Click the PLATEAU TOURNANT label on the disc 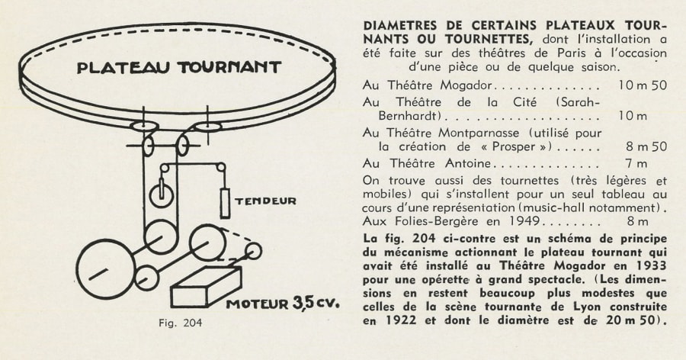(178, 67)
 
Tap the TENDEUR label (265, 201)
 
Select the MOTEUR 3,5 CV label (283, 303)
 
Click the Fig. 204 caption (180, 323)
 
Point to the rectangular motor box (206, 287)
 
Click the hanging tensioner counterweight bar (225, 202)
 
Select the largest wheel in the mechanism (105, 269)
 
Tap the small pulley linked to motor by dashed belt (253, 251)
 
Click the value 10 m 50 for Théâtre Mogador (643, 85)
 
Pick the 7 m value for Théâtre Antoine (636, 163)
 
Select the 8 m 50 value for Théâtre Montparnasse (646, 146)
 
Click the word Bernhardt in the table (409, 116)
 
